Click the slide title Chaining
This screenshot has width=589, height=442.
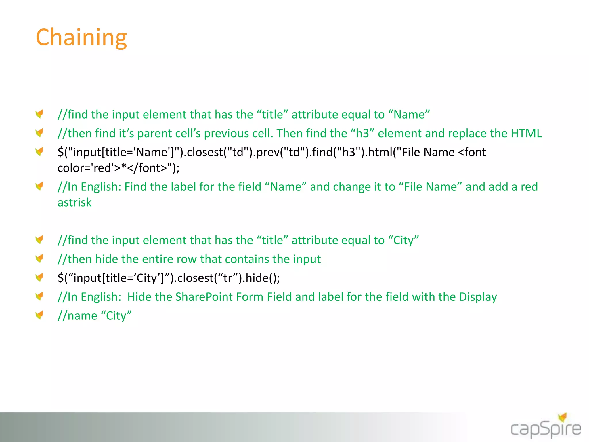pos(81,37)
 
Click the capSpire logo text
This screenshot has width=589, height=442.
pos(546,429)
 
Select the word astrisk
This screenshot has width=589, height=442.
pos(74,203)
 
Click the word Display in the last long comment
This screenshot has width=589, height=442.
pos(478,297)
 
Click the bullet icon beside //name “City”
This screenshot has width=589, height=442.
pos(39,315)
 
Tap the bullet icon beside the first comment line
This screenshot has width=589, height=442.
pos(39,114)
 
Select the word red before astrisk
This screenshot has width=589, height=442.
pos(529,187)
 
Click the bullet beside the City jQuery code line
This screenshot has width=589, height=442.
pos(39,277)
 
